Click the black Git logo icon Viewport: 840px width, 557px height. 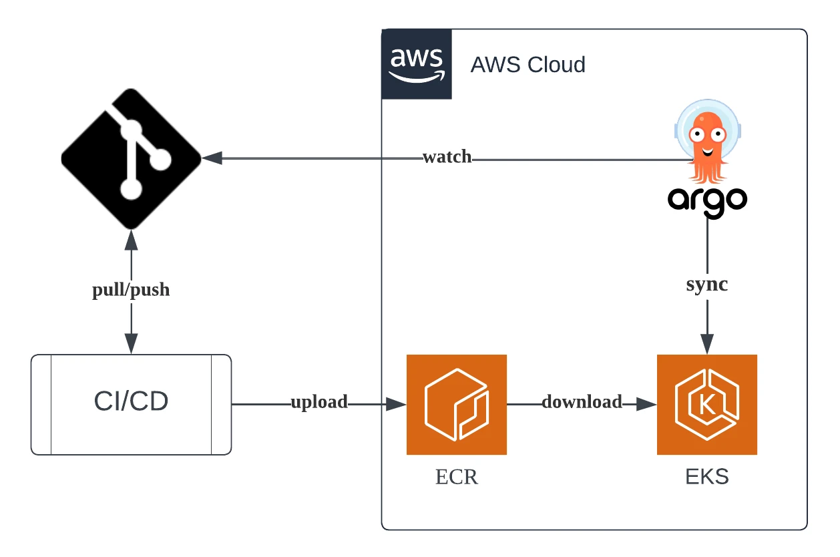(x=132, y=158)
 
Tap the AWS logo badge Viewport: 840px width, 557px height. (x=417, y=64)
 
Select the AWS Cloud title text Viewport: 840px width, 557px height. (x=528, y=65)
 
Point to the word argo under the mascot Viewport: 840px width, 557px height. (x=707, y=200)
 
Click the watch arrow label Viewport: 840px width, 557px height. (x=447, y=158)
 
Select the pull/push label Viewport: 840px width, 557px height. (x=131, y=291)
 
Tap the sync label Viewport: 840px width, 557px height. (x=707, y=284)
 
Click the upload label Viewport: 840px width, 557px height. (x=319, y=402)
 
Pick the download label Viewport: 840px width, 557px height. (x=582, y=402)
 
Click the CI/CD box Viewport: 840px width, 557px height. (x=132, y=404)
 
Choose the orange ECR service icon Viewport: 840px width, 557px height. (x=457, y=404)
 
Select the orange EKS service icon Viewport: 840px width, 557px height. (x=707, y=404)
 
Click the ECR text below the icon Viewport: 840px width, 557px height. (x=457, y=478)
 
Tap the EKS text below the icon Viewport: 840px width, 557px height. (x=707, y=478)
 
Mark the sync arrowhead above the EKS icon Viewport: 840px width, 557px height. (x=707, y=344)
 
